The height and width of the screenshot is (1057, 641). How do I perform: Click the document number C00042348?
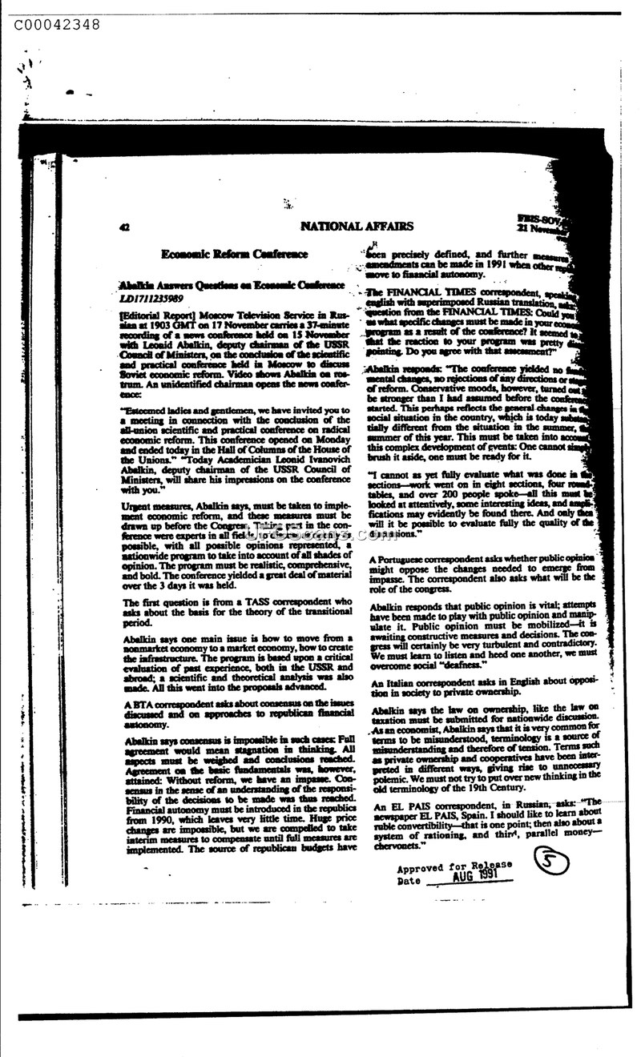coord(57,25)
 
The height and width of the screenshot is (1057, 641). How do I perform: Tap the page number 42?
coord(124,227)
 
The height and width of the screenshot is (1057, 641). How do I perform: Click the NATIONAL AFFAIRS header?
coord(357,227)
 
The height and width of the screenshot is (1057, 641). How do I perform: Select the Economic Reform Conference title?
coord(234,254)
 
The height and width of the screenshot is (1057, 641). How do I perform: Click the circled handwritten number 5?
coord(552,862)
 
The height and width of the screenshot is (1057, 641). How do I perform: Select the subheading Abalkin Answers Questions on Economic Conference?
coord(232,285)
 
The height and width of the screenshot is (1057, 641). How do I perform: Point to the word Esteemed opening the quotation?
coord(145,409)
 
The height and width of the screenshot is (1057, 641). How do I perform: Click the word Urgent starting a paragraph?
coord(137,506)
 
